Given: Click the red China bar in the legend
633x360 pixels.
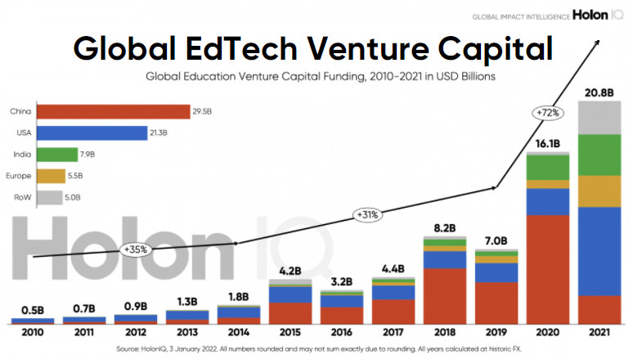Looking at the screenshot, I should [114, 111].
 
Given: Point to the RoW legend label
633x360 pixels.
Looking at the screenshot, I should [22, 196].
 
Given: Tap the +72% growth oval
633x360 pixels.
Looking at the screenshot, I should [546, 112].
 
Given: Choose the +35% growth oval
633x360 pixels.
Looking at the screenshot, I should [134, 249].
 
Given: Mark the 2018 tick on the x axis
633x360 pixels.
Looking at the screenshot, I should [445, 332].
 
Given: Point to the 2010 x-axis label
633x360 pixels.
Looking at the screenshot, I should [33, 332].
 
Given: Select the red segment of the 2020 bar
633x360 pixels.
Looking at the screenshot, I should [547, 269].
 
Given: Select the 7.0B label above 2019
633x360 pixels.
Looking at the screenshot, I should [496, 241].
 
